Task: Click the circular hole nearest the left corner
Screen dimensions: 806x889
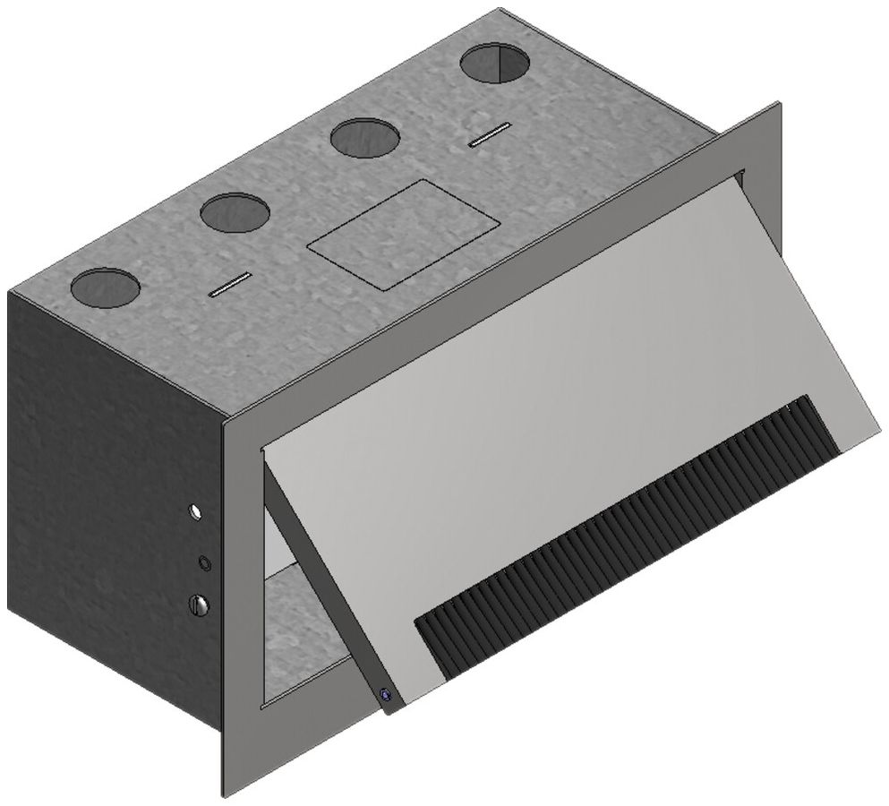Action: pos(106,287)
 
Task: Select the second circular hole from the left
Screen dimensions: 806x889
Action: pos(235,212)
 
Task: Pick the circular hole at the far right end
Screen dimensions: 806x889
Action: pos(492,64)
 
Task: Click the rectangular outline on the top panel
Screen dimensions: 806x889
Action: pos(402,233)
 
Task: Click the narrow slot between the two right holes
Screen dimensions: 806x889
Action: pos(491,134)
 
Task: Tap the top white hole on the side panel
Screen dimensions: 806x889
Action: pos(195,512)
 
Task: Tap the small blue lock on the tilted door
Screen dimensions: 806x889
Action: pos(385,695)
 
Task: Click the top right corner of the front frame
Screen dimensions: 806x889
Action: pos(777,106)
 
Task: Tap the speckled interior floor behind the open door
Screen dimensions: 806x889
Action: pos(304,627)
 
